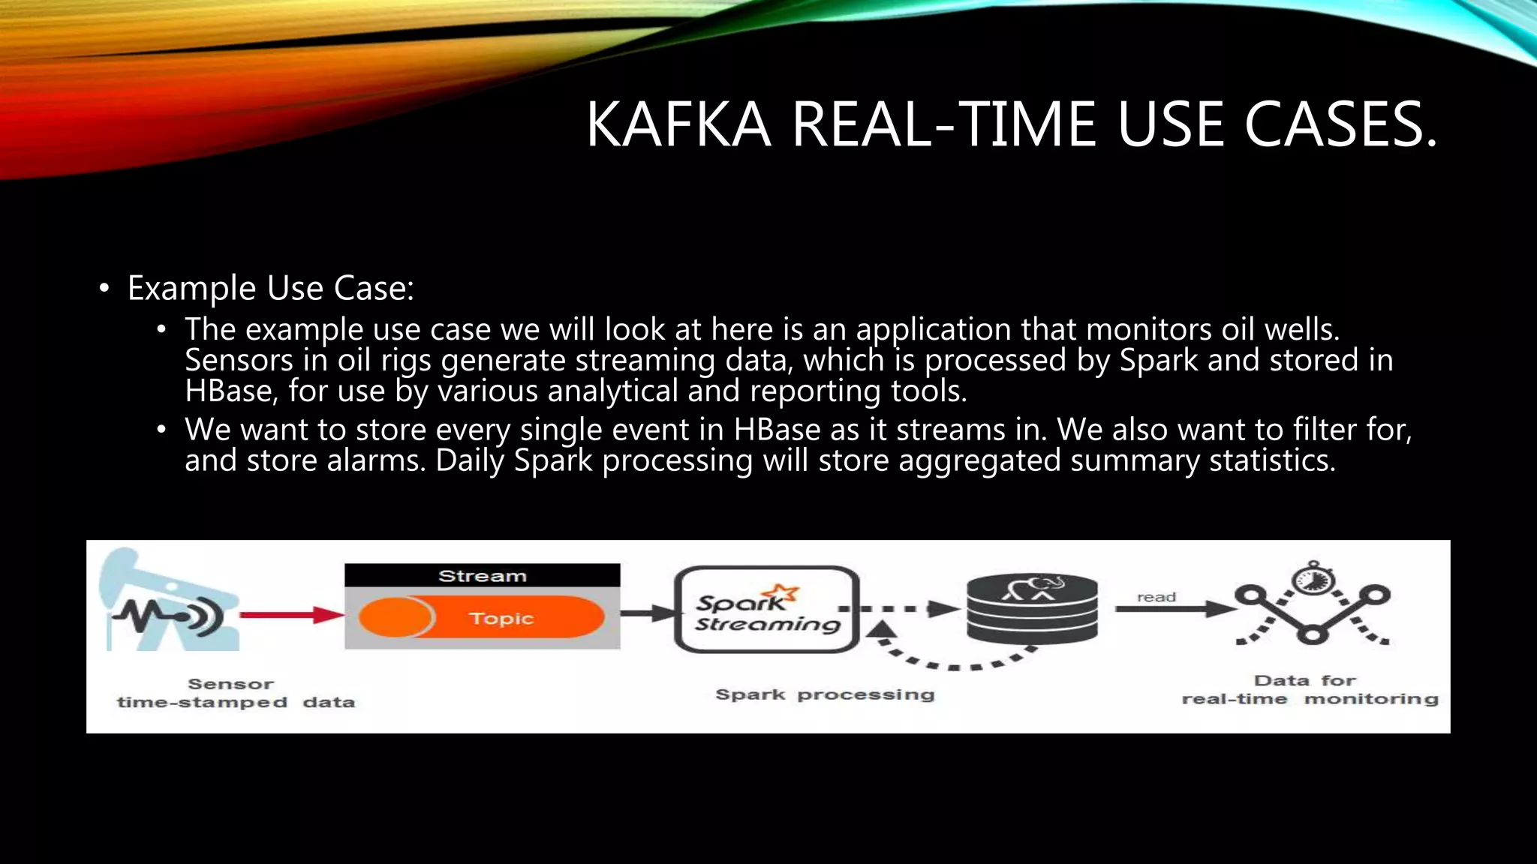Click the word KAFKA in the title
[678, 124]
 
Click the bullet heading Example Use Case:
[270, 288]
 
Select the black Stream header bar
[482, 575]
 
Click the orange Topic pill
[482, 618]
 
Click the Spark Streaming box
[766, 609]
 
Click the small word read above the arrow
[1156, 597]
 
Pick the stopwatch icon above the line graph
[1313, 578]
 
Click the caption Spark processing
[825, 694]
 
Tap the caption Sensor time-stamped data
[235, 693]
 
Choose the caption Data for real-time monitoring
[1310, 690]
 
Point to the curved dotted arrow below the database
[953, 661]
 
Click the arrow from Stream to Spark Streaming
[647, 613]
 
